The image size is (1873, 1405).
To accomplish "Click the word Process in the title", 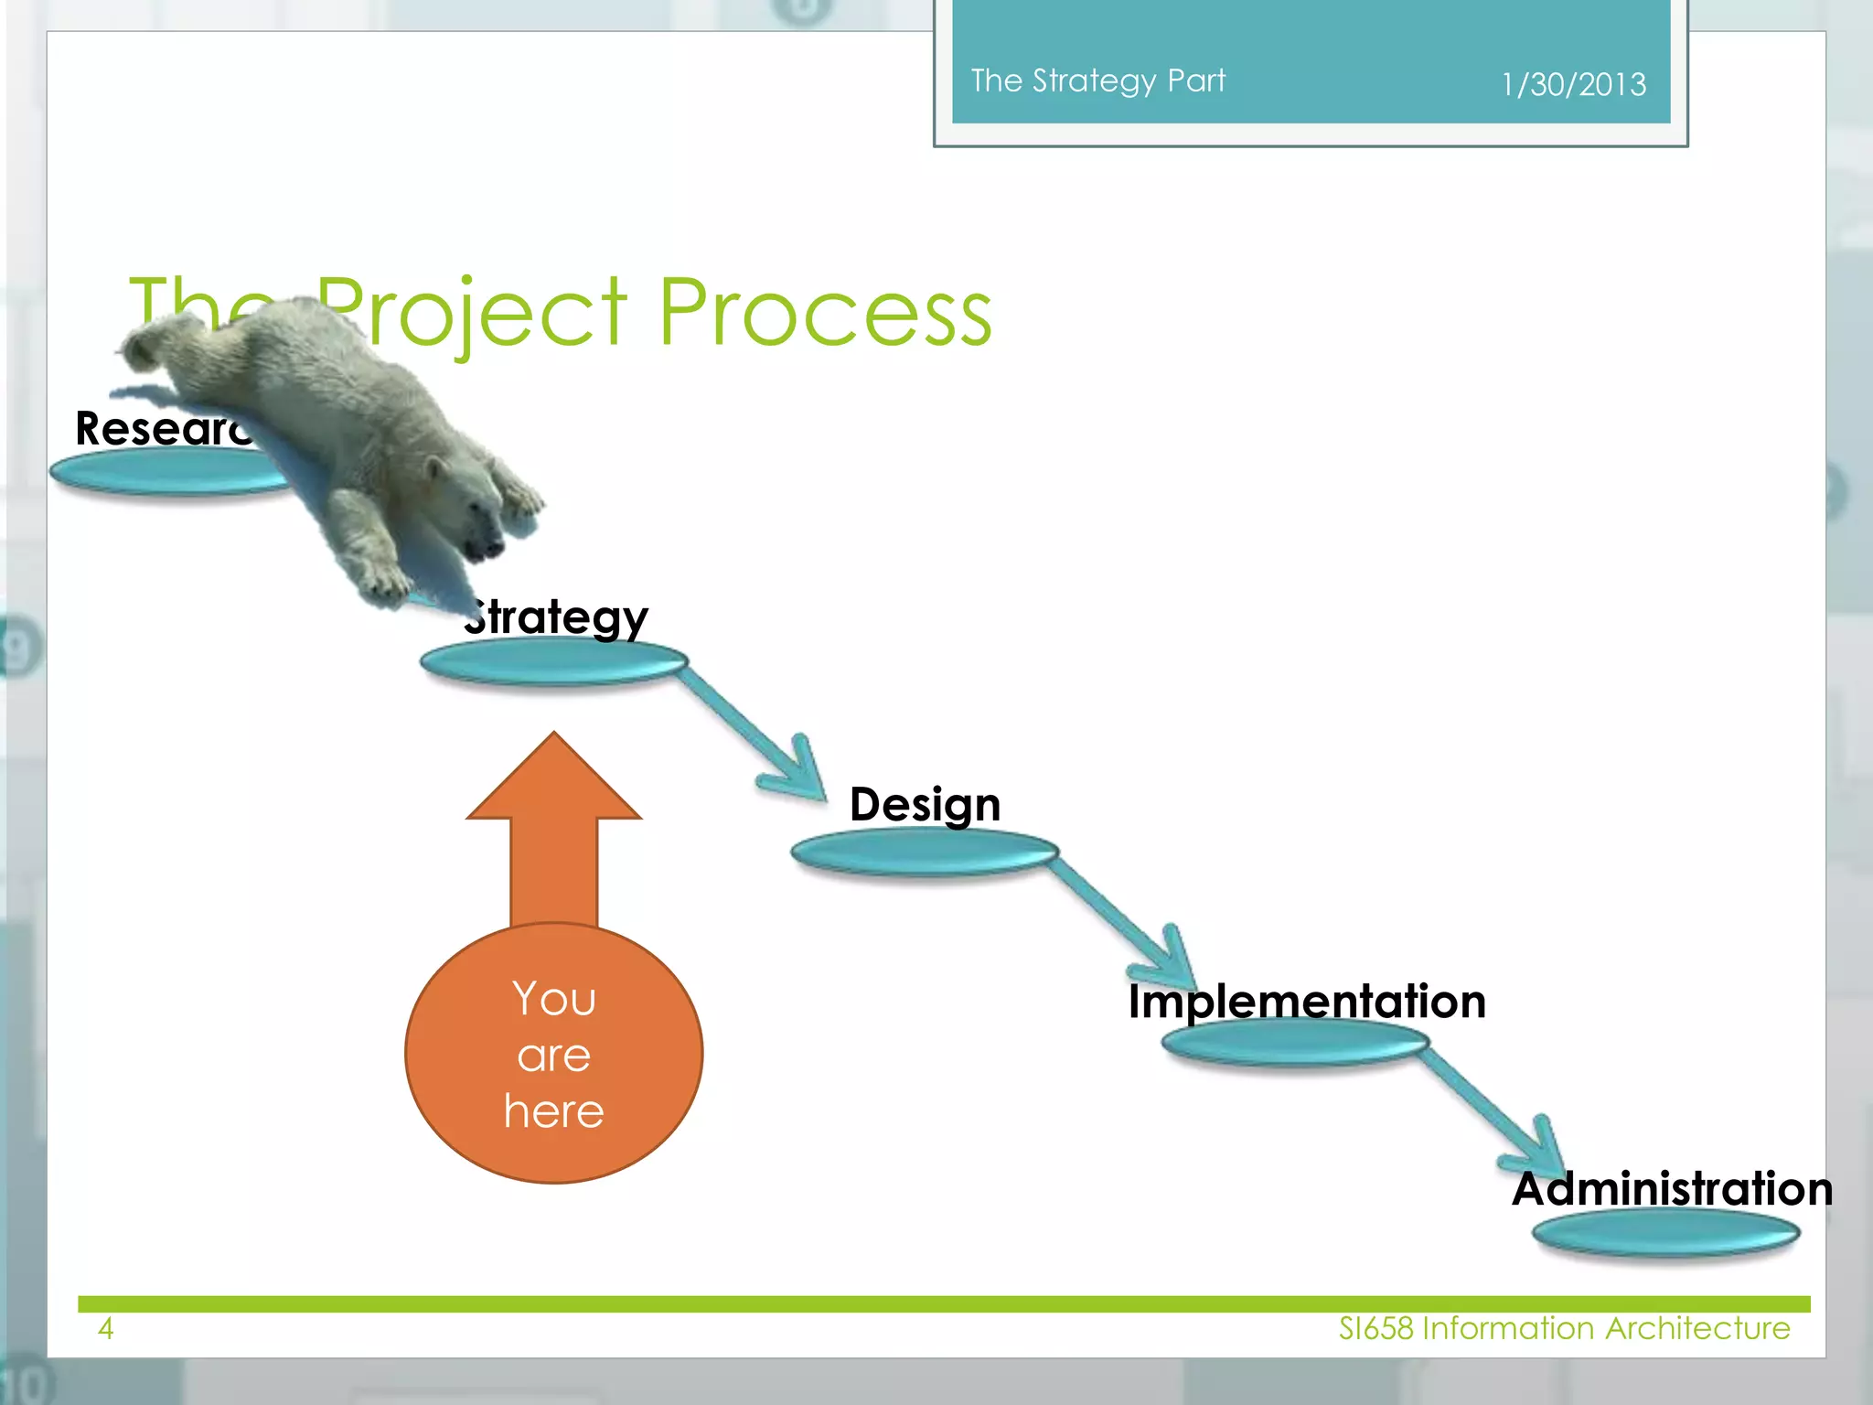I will point(825,314).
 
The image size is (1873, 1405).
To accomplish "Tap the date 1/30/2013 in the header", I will point(1573,85).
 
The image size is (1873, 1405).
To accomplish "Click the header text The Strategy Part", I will point(1097,80).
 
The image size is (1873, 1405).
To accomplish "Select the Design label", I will point(925,805).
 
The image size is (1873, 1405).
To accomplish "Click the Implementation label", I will point(1306,1001).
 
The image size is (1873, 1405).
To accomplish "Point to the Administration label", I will point(1672,1189).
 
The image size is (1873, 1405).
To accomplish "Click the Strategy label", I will point(558,617).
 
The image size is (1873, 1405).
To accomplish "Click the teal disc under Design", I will point(925,853).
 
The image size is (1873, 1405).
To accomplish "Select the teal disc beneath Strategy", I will point(553,662).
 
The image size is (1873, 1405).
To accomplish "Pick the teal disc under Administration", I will point(1665,1233).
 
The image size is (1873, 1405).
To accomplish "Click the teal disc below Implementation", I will point(1295,1043).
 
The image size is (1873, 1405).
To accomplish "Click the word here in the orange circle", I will point(553,1111).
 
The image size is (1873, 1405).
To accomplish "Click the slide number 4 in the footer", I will point(106,1328).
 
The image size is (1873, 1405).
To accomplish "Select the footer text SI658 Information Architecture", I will point(1564,1328).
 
